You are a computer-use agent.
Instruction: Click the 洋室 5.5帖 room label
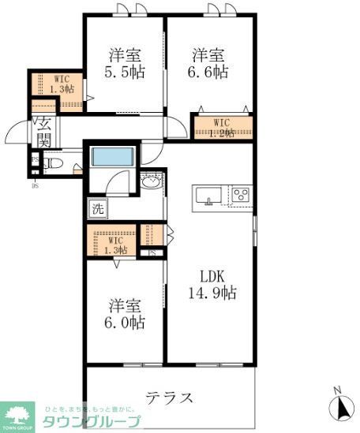point(125,63)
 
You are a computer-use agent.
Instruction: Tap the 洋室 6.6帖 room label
point(209,63)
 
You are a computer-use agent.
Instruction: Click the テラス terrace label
point(170,396)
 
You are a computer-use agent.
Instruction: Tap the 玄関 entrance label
point(43,132)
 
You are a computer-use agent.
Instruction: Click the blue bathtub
point(110,156)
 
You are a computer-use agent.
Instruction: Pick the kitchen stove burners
point(239,194)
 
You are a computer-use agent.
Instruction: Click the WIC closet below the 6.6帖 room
point(223,126)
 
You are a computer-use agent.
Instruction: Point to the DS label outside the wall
point(35,187)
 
